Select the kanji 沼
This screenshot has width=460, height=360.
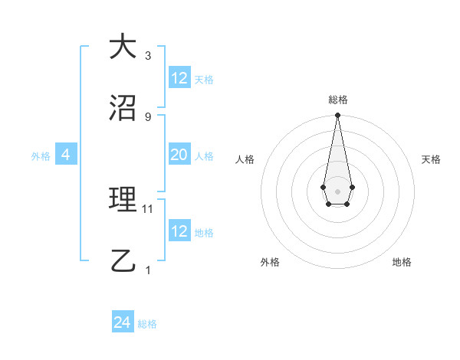(123, 107)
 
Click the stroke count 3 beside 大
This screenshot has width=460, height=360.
(148, 56)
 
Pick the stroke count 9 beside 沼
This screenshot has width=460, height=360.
(148, 116)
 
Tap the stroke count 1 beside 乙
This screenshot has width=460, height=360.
(148, 270)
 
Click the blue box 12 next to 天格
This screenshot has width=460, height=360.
(179, 78)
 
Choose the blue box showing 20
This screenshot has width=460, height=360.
(179, 155)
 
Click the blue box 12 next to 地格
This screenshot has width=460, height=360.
(179, 231)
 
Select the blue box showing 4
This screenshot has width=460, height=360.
(66, 155)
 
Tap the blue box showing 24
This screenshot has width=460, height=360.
(123, 322)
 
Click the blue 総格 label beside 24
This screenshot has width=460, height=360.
(147, 324)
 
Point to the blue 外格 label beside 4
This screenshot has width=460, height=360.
(41, 156)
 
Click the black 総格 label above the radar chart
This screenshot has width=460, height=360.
(337, 100)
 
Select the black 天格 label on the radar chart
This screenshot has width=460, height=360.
(431, 159)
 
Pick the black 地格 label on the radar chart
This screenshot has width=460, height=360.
(402, 262)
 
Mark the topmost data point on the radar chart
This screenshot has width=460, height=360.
(337, 115)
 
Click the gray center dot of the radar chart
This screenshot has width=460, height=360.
(337, 190)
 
